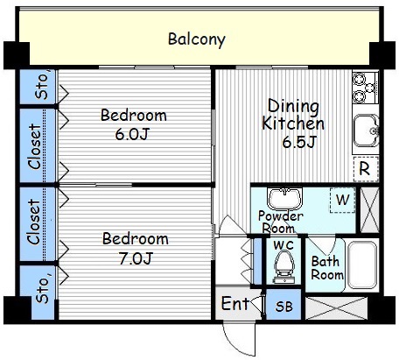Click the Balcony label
(197, 39)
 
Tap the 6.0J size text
(132, 134)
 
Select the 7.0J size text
(136, 258)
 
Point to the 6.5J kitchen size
(299, 142)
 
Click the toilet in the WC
(283, 266)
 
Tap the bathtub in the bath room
(362, 265)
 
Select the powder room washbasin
(285, 199)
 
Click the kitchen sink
(366, 131)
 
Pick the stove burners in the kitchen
(365, 87)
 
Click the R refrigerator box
(366, 169)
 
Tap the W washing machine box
(343, 200)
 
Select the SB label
(283, 307)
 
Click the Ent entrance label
(235, 303)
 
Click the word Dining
(293, 106)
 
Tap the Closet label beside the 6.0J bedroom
(35, 146)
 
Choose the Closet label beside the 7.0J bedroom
(34, 222)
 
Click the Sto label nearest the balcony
(41, 85)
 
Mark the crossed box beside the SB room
(336, 308)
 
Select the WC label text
(283, 245)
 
